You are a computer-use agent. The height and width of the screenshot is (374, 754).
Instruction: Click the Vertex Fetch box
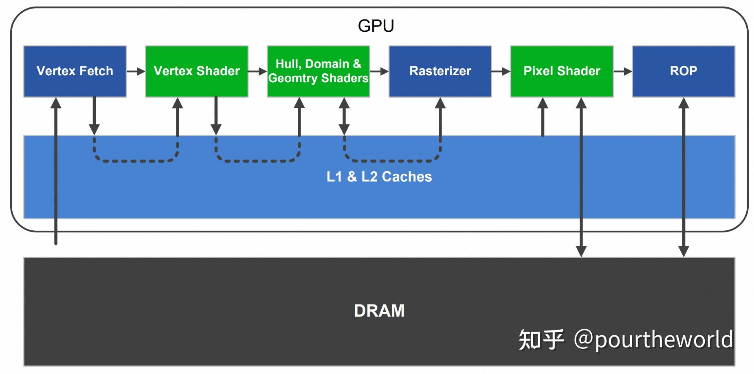75,71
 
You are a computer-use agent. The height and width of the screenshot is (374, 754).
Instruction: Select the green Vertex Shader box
196,71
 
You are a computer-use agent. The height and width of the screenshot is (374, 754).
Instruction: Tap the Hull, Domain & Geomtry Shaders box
318,71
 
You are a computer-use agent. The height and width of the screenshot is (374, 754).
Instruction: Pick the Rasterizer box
440,71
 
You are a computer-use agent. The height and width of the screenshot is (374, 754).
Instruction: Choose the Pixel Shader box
561,71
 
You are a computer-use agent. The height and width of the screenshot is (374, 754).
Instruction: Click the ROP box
683,71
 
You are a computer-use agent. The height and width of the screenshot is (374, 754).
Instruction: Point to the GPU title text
376,26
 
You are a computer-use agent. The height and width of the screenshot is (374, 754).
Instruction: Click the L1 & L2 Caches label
379,177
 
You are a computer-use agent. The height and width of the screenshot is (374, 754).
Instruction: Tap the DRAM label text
379,311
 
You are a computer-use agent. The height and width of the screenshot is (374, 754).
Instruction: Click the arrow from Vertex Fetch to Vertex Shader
136,72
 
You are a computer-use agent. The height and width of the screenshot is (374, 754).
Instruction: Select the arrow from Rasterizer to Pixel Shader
501,72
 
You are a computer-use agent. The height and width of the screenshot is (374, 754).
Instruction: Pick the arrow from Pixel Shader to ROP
622,72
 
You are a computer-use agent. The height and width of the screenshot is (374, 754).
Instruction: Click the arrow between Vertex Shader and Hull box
257,72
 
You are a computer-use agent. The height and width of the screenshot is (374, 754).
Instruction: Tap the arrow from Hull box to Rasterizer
379,72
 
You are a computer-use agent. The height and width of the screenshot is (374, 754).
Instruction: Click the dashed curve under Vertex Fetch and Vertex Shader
136,161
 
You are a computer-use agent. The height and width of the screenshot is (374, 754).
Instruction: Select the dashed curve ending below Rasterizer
392,161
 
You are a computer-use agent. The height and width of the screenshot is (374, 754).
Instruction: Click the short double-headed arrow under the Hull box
344,116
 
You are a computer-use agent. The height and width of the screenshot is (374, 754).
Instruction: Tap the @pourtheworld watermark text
653,340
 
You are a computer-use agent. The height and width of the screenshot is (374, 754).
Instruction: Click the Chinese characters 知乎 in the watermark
541,340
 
